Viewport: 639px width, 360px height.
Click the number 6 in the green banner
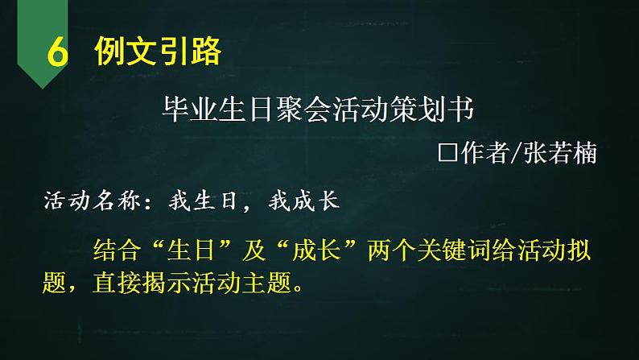pyautogui.click(x=56, y=54)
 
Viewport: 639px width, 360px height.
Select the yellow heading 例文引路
pyautogui.click(x=156, y=52)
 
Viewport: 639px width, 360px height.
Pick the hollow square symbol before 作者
pyautogui.click(x=447, y=153)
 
